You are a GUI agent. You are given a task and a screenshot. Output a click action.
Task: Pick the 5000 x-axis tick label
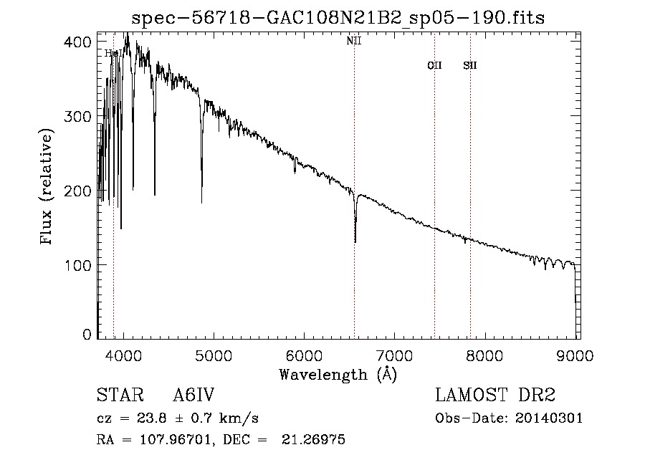click(x=214, y=355)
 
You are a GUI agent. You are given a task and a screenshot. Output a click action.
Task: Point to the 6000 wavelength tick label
click(x=304, y=355)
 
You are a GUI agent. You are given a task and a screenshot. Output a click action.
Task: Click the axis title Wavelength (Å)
click(x=338, y=374)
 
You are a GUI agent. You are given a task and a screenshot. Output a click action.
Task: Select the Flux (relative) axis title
click(x=48, y=188)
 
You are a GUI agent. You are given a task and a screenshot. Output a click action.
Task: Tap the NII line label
click(x=354, y=41)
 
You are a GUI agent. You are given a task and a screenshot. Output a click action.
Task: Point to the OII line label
click(x=434, y=65)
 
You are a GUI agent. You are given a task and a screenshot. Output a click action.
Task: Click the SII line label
click(x=470, y=65)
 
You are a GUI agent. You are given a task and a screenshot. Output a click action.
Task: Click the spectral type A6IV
click(x=193, y=396)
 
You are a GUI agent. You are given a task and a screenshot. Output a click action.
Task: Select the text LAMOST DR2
click(x=495, y=396)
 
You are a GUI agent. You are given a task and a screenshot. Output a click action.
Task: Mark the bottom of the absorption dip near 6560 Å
click(x=355, y=242)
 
